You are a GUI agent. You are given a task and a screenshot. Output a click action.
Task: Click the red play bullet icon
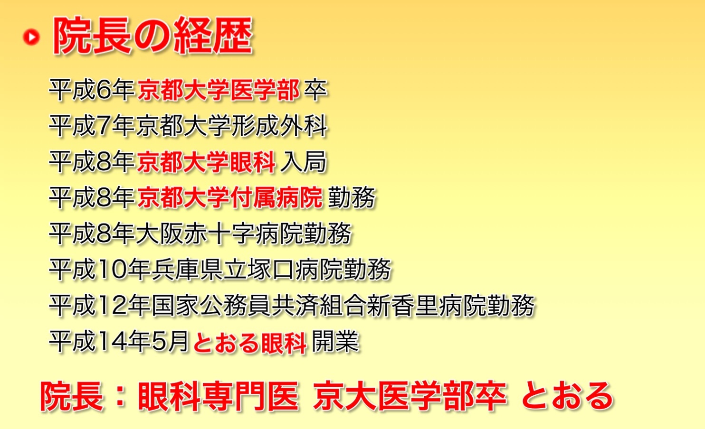click(31, 37)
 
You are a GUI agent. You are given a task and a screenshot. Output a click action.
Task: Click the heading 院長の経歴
click(152, 35)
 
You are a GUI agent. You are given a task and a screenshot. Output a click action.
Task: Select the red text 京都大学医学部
click(219, 90)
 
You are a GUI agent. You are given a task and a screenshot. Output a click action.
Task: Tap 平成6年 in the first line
click(92, 90)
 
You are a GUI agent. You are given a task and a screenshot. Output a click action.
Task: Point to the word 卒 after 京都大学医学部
click(315, 90)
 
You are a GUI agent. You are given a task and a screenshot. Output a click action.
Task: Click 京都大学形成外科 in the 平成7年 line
click(232, 126)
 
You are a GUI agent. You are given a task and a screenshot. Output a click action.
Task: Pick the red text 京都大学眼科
click(206, 161)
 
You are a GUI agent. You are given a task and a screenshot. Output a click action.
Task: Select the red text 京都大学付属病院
click(230, 197)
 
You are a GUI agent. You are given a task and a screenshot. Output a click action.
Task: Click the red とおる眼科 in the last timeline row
click(249, 342)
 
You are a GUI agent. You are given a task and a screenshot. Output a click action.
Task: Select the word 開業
click(335, 341)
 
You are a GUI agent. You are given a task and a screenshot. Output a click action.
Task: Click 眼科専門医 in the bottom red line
click(218, 396)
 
